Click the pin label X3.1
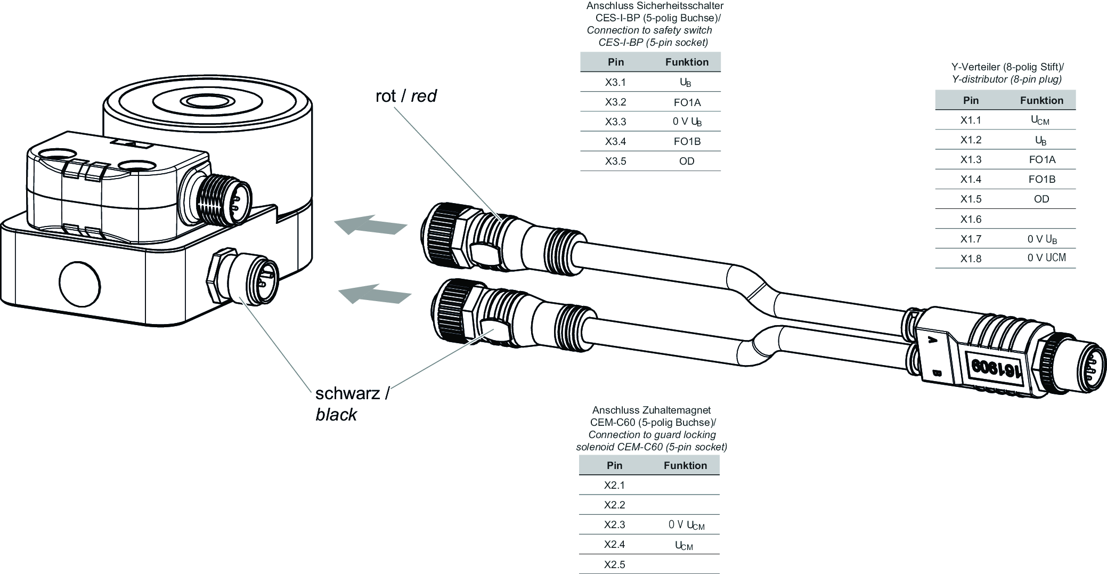[615, 82]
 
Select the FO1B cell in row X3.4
[687, 141]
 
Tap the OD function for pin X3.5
[687, 161]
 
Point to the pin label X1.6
[971, 219]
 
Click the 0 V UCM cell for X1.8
[1046, 258]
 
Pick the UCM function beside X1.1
[1040, 120]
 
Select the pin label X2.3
[614, 524]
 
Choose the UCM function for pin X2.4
[684, 545]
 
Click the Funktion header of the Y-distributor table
[1041, 100]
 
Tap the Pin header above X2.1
[614, 465]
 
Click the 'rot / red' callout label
[406, 96]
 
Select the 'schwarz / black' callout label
[352, 403]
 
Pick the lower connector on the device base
[245, 274]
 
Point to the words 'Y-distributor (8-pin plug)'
[1007, 79]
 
